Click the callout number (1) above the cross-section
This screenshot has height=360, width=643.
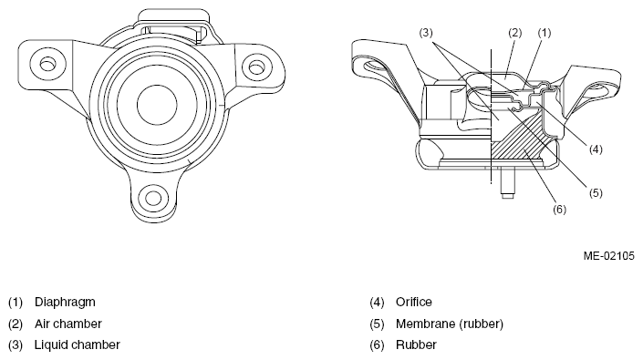point(544,33)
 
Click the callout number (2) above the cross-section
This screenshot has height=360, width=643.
point(514,33)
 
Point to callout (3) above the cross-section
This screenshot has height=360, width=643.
point(426,33)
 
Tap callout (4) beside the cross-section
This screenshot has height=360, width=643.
point(596,149)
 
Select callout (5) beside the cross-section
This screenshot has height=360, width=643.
point(596,192)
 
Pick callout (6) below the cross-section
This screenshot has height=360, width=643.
point(559,210)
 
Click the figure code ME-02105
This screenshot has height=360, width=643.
point(609,256)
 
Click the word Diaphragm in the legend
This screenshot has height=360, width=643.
point(65,303)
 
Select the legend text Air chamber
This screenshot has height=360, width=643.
point(68,324)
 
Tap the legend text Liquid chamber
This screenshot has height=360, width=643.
point(78,345)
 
